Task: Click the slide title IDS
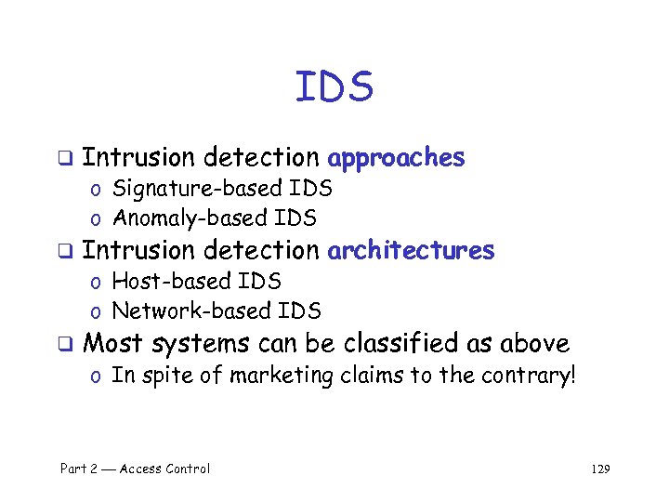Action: [334, 87]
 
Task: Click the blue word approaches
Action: [396, 158]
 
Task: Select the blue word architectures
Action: [411, 250]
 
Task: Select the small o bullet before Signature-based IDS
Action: [97, 191]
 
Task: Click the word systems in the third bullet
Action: [201, 344]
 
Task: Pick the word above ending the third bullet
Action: [534, 343]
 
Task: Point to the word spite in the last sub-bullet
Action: [162, 376]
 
